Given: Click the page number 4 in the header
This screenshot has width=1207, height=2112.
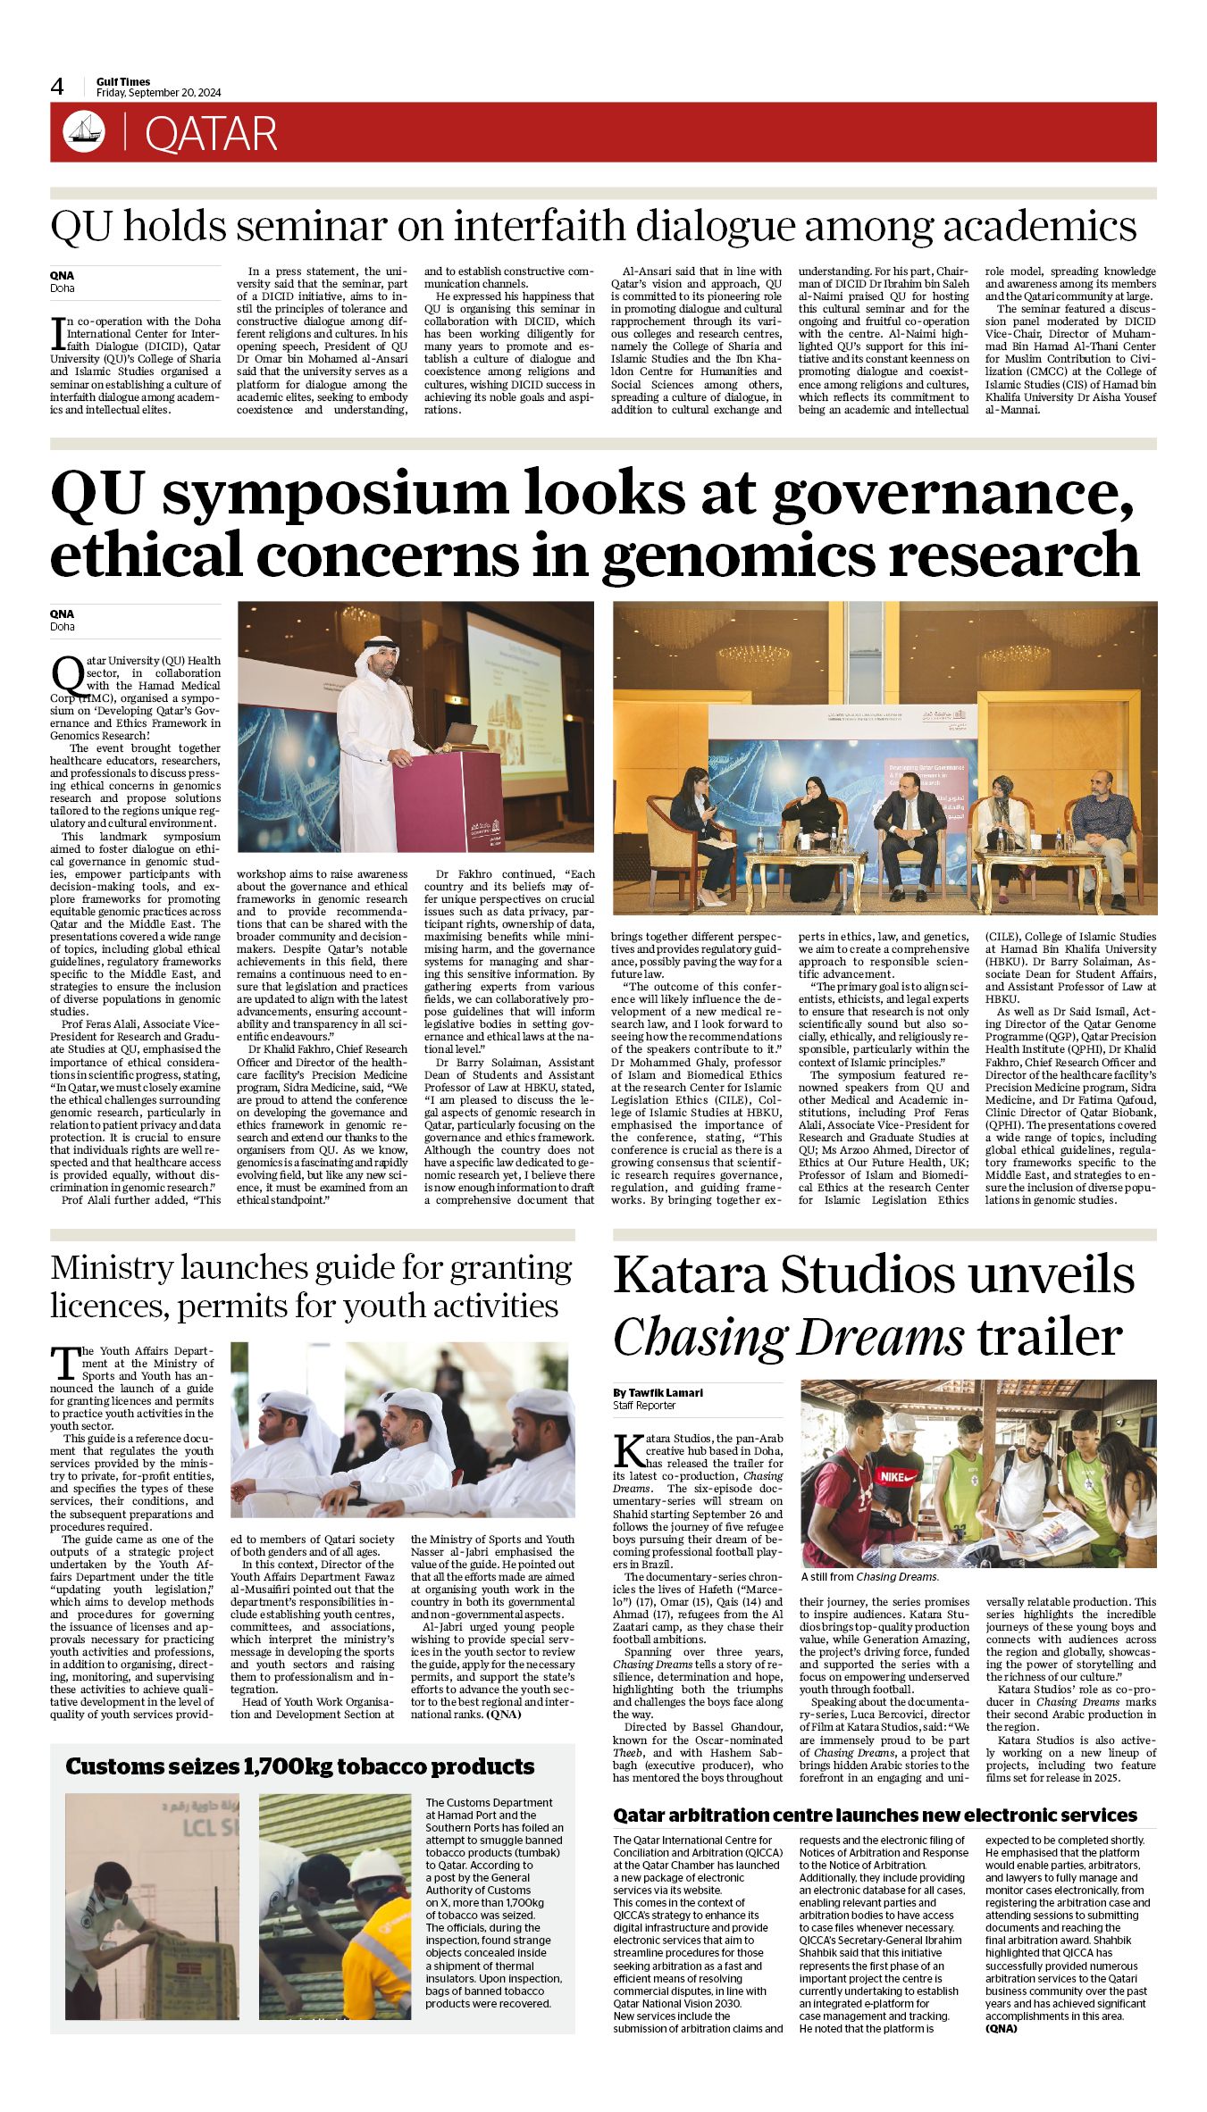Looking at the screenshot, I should coord(58,87).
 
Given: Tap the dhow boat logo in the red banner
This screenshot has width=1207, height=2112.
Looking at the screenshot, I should coord(84,132).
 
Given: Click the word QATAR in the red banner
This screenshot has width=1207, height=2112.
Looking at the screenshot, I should coord(211,134).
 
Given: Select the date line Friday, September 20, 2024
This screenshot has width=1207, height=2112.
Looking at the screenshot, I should coord(158,93).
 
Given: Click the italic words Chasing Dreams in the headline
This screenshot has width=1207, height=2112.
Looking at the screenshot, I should coord(788,1338).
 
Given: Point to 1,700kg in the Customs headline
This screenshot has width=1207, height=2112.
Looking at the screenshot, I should coord(281,1766).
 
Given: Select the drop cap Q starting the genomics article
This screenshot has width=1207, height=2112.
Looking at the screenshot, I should coord(65,672).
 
